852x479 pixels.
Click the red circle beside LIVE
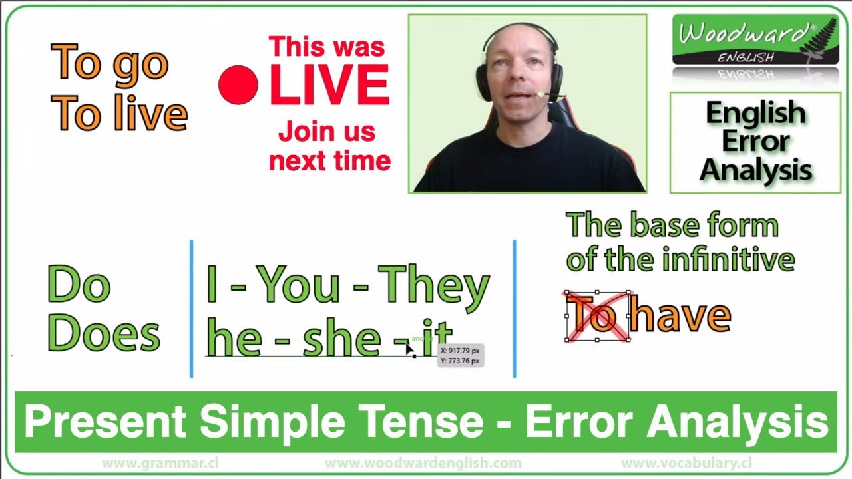[238, 84]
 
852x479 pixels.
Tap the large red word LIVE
[329, 84]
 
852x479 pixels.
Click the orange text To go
[109, 63]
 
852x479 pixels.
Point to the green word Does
[104, 334]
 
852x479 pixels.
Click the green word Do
[79, 285]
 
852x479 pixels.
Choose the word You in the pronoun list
[298, 285]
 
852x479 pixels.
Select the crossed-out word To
[597, 316]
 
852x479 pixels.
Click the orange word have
[680, 316]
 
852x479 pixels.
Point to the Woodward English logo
[755, 40]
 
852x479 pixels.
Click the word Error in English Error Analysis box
[755, 142]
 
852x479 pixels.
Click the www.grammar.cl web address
[160, 463]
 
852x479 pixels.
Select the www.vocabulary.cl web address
[686, 463]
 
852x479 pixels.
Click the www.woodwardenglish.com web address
[423, 463]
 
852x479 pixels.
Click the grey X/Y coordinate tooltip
[460, 355]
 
